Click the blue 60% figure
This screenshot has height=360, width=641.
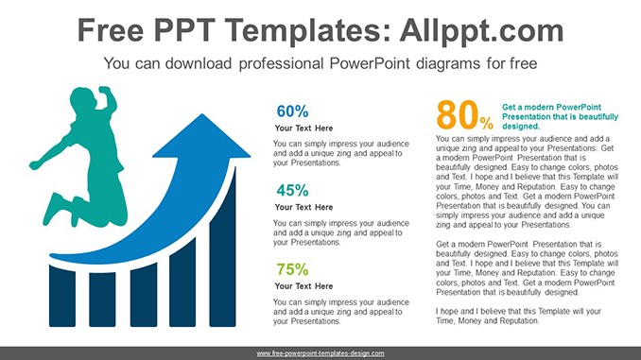(x=292, y=111)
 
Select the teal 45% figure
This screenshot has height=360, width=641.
(x=292, y=189)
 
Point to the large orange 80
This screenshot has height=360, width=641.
(x=458, y=116)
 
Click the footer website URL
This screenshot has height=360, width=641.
(x=320, y=353)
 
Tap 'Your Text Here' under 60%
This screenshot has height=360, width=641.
(x=303, y=128)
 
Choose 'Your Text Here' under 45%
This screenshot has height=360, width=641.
(x=303, y=206)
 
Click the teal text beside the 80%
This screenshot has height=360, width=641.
(x=560, y=116)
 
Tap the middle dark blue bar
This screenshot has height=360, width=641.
(x=144, y=294)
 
